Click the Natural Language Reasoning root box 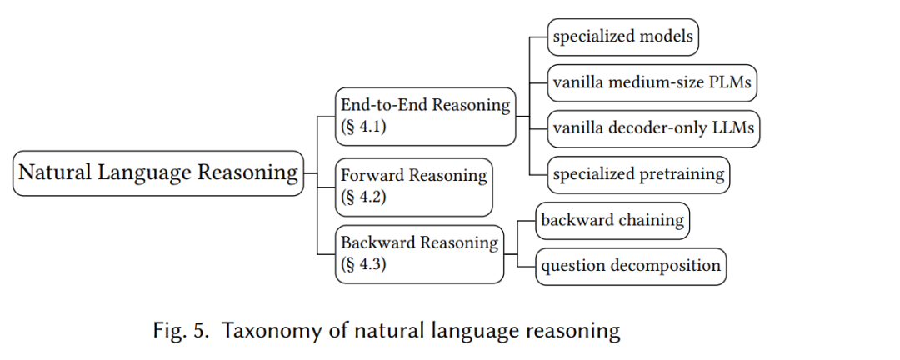157,172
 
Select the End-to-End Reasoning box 425,116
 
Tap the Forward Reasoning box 414,187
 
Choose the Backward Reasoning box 419,254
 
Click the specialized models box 622,37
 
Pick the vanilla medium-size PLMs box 652,82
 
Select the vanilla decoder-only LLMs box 653,128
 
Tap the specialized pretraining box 638,174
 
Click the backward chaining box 612,221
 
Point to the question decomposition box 631,267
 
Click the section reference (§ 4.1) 363,127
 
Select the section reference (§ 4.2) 363,197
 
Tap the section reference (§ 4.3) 363,264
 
